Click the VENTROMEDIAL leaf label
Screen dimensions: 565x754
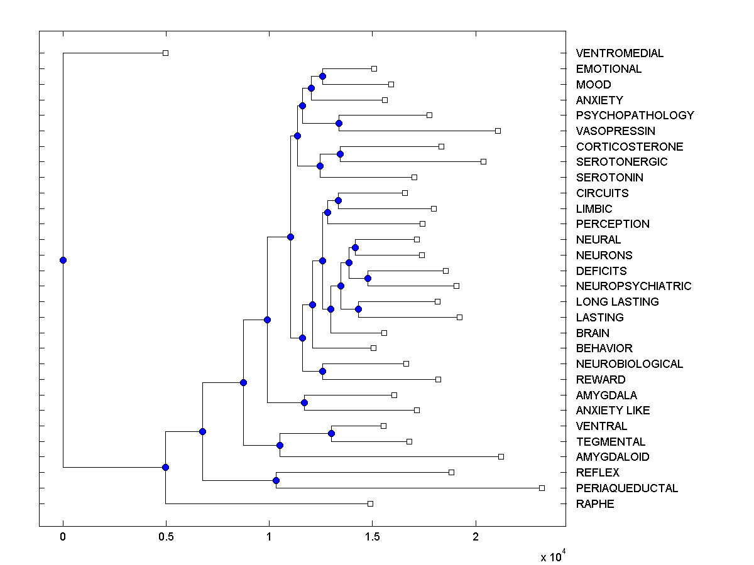click(620, 53)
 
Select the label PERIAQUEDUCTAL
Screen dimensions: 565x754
click(627, 488)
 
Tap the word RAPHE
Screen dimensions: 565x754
click(595, 504)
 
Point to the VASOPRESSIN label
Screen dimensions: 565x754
click(615, 131)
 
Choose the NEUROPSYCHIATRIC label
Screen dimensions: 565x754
click(633, 286)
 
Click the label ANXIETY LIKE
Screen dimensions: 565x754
click(613, 411)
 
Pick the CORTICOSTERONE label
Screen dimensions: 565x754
click(629, 147)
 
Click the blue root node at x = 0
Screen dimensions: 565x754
click(63, 260)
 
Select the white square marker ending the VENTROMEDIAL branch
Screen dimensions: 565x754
click(165, 53)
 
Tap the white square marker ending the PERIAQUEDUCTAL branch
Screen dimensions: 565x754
click(542, 488)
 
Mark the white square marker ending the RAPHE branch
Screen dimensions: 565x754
click(370, 503)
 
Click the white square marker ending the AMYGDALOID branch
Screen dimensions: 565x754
click(501, 456)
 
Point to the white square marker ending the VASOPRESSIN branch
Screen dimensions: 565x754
click(498, 131)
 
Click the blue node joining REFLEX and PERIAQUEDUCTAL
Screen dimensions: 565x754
click(276, 480)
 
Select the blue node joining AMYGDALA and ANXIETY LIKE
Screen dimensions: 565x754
click(304, 402)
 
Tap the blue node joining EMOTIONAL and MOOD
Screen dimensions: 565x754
click(322, 76)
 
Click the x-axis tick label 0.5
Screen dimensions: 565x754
click(166, 536)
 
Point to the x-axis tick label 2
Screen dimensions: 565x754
click(476, 536)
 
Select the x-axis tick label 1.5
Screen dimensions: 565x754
click(372, 536)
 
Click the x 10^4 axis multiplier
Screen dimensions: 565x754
click(553, 556)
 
